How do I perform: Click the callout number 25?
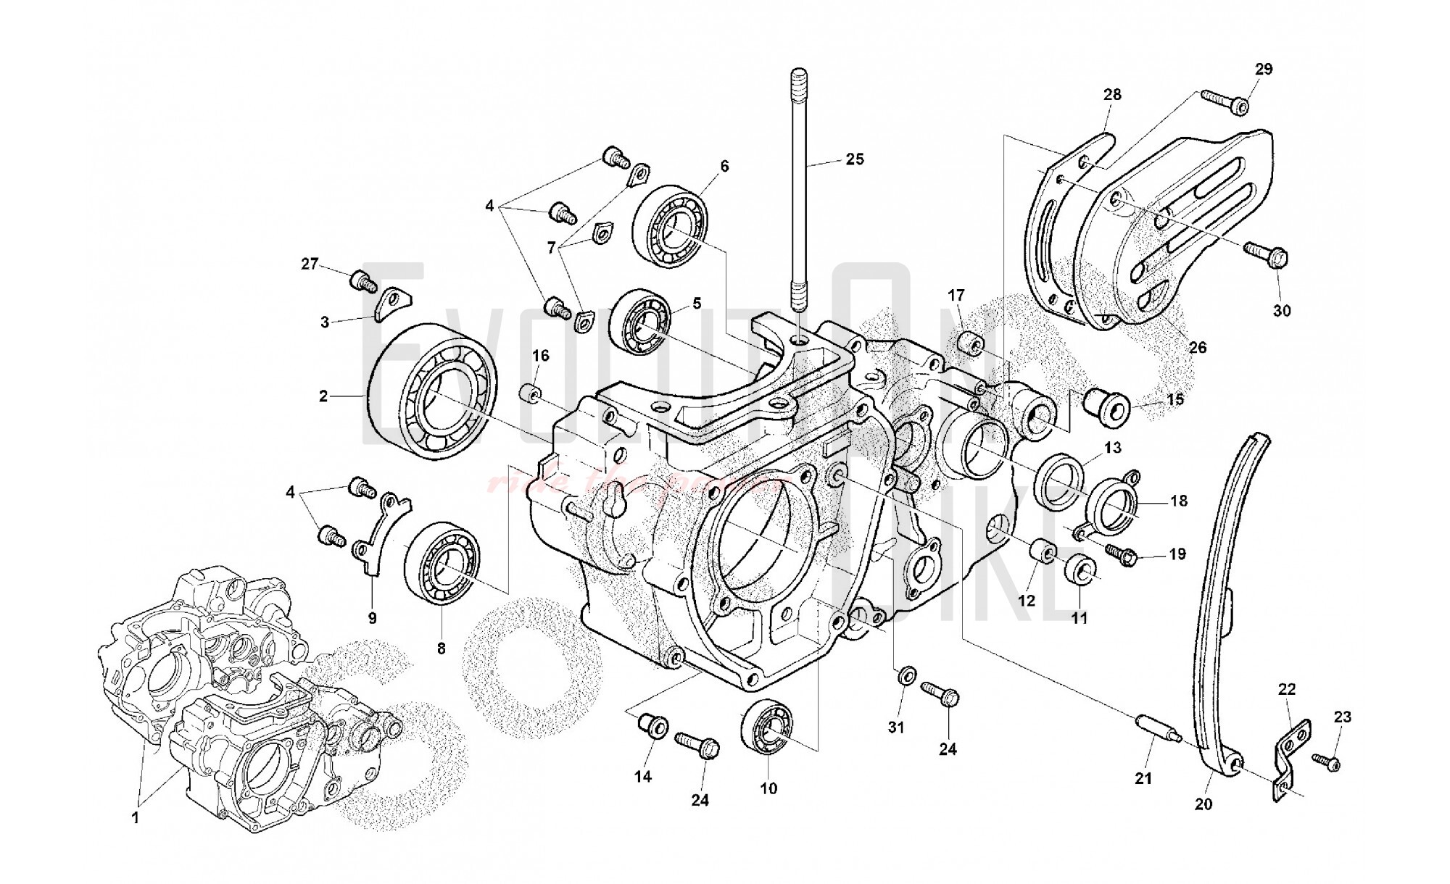855,159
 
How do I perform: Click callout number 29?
1264,70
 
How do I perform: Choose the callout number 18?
1179,500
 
